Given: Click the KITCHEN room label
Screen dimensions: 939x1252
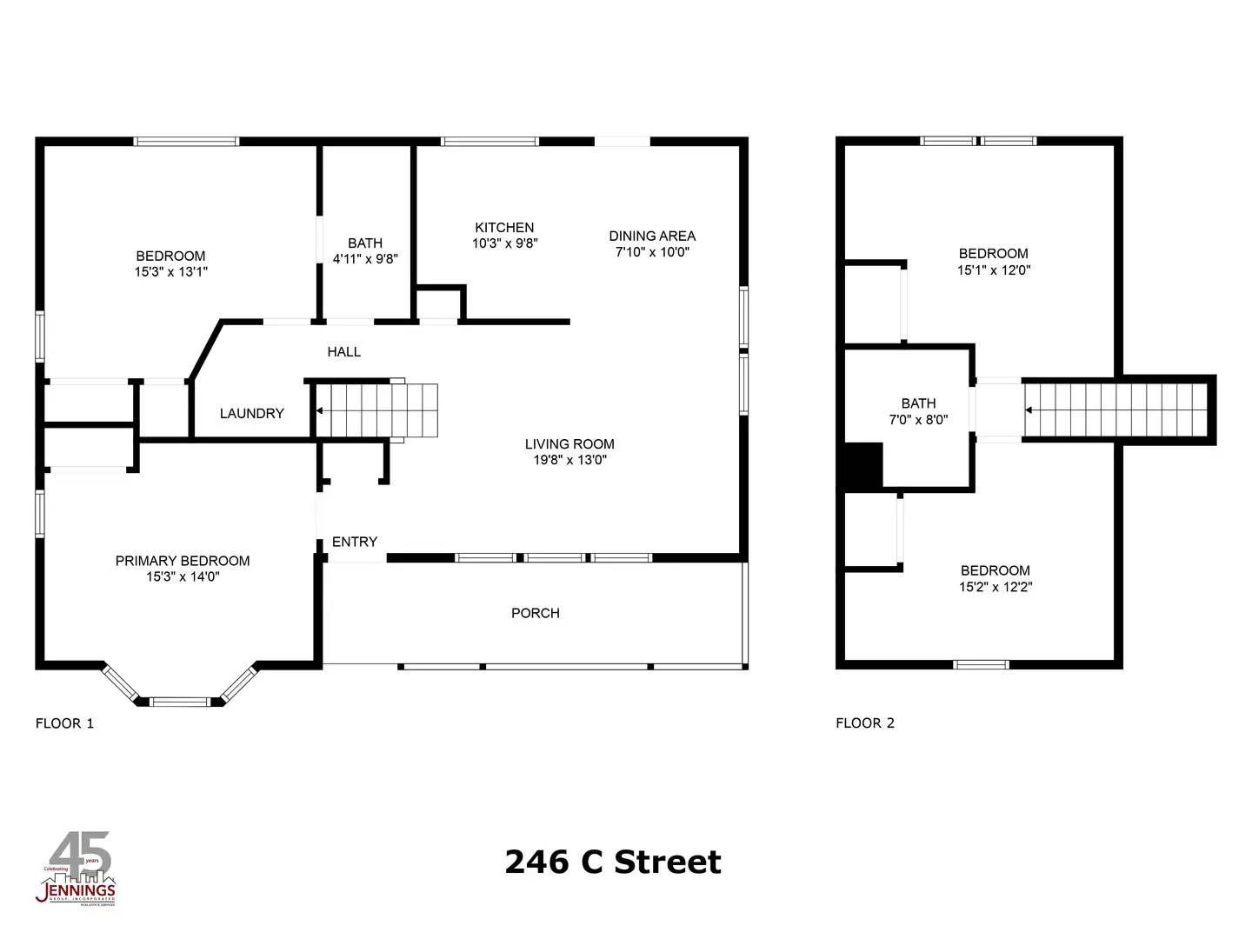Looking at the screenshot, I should [504, 228].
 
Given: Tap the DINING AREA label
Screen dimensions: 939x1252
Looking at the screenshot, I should [652, 236].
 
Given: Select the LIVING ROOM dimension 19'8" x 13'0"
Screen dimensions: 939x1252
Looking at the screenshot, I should [569, 460].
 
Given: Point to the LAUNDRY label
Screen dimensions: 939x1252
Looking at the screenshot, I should [251, 413].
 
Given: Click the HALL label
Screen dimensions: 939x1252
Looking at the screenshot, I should [343, 352].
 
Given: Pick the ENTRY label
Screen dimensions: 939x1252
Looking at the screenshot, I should [355, 542].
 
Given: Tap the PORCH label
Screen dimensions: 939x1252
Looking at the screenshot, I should [536, 613].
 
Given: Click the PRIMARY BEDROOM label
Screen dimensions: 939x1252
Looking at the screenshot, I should [183, 561].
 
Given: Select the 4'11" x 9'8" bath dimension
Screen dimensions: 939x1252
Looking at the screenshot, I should [365, 259].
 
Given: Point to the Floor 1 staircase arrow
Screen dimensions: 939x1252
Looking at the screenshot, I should [320, 410].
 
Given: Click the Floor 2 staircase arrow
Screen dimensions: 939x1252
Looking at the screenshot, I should [1029, 410].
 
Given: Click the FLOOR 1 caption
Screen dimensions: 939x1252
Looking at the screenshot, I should [64, 723].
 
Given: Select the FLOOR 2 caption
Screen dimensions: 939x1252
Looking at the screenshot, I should [865, 723].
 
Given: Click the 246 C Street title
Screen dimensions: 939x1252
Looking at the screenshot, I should [613, 862].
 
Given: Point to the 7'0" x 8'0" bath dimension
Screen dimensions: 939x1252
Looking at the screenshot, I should [918, 419].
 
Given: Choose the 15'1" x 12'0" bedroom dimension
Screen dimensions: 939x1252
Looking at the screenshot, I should [994, 270].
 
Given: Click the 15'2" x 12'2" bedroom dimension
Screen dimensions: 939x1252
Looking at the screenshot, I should [996, 587].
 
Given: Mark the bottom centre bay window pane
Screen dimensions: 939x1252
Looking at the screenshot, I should [180, 701].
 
